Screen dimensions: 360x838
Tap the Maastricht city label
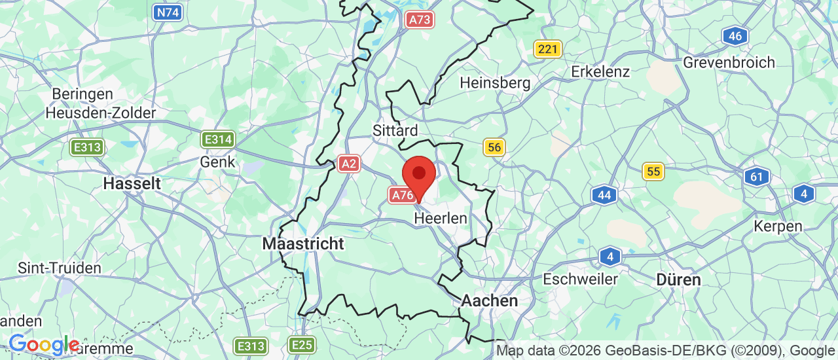tap(302, 243)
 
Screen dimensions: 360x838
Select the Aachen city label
tap(490, 300)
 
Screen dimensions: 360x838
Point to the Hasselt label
tap(132, 183)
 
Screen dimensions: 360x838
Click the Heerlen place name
tap(441, 218)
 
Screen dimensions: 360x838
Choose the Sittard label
tap(395, 130)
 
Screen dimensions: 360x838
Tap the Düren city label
tap(679, 279)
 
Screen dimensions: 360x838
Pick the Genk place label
tap(217, 162)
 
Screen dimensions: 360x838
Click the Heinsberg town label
tap(495, 83)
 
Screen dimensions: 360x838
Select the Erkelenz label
tap(600, 71)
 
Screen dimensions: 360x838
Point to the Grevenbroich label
tap(729, 63)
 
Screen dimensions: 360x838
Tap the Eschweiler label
tap(580, 279)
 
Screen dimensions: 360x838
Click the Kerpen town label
tap(778, 226)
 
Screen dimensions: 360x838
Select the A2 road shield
tap(349, 164)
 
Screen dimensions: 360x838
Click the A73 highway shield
tap(419, 20)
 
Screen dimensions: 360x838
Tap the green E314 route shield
tap(218, 139)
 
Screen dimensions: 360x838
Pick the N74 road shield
tap(167, 11)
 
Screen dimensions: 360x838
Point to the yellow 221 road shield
tap(547, 48)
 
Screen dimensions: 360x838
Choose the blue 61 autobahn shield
tap(757, 176)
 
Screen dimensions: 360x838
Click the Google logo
tap(43, 344)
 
